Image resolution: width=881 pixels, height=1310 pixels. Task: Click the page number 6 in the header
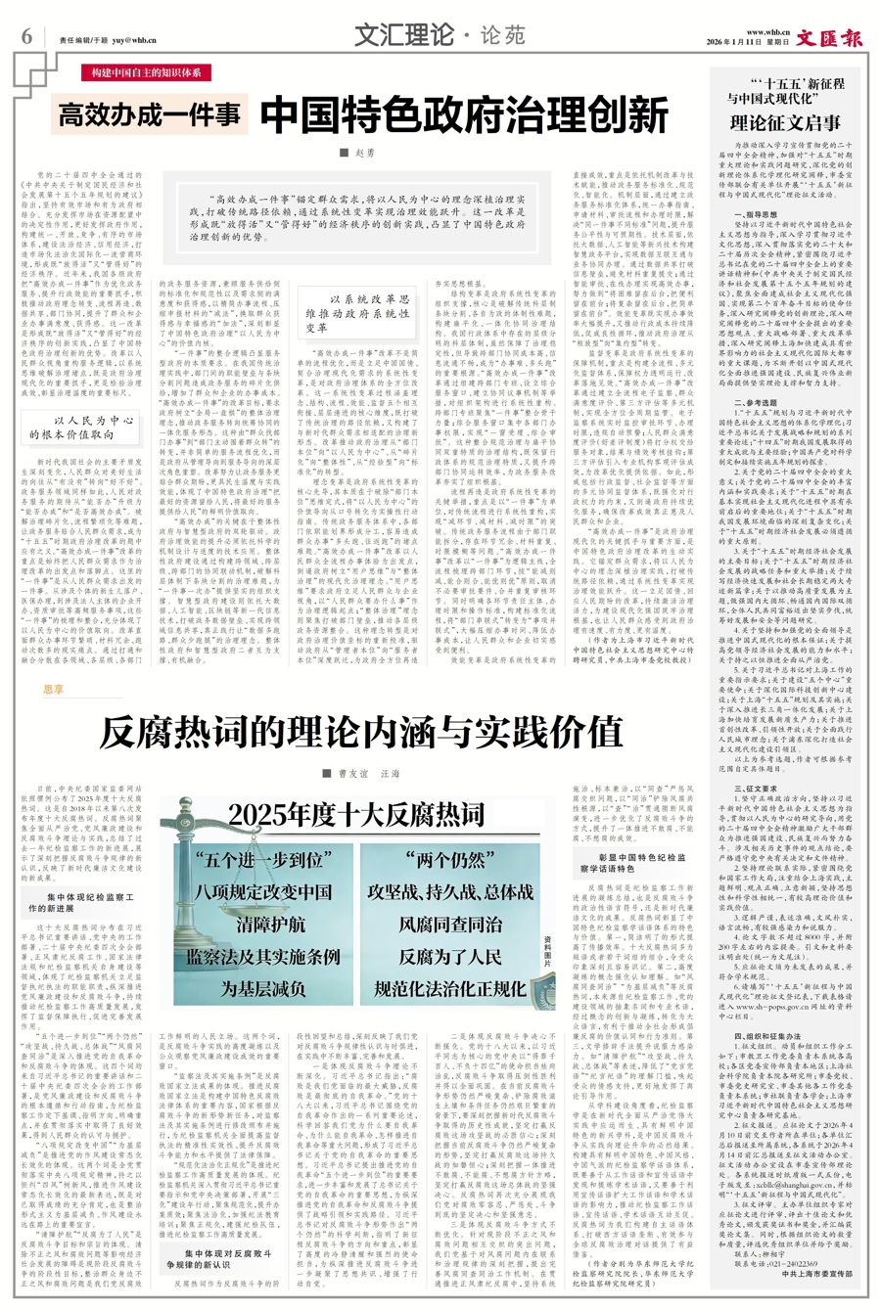26,36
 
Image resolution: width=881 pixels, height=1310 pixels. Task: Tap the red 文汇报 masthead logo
829,38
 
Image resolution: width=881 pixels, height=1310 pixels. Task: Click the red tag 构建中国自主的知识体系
147,73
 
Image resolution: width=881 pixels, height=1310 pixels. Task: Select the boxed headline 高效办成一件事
150,115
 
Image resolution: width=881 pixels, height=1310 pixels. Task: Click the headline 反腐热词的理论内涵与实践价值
361,730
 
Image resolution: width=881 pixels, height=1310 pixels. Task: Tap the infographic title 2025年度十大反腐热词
357,814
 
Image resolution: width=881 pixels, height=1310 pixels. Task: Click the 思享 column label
54,689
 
